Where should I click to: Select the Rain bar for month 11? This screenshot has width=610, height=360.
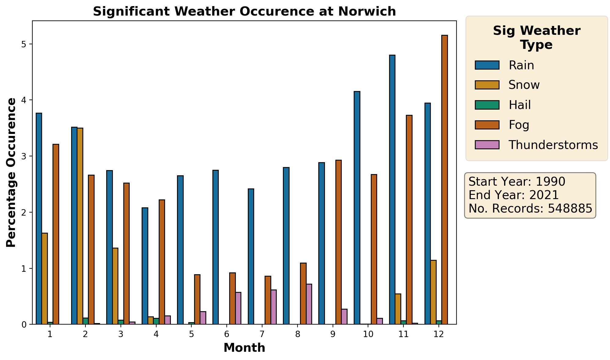coord(392,189)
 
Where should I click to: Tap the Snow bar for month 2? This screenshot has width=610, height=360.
coord(80,226)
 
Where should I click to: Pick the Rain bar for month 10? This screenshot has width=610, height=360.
coord(357,208)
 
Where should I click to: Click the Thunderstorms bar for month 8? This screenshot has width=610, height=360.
coord(309,304)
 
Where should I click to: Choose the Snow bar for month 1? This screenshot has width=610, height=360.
coord(45,278)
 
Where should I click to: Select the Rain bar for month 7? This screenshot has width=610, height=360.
coord(251,256)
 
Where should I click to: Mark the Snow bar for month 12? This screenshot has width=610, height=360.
coord(433,292)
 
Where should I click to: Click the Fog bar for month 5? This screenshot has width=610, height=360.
coord(197,299)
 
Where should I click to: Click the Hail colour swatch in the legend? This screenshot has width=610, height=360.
coord(487,105)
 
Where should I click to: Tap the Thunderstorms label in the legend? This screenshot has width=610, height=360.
coord(553,145)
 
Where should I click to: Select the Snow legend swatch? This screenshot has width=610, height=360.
coord(487,85)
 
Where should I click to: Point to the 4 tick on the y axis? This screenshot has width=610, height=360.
coord(24,100)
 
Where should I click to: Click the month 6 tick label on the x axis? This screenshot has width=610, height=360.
coord(226,334)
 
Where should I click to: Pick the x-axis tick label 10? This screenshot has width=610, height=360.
coord(368,334)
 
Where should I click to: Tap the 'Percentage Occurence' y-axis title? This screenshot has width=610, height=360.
coord(11,172)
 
